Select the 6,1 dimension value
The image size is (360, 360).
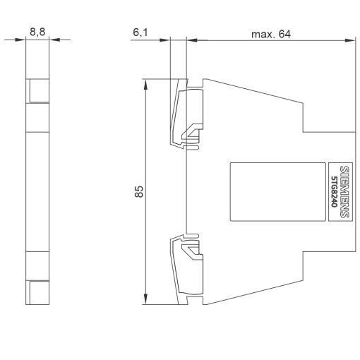click(141, 32)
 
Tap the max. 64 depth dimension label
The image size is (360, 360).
click(270, 33)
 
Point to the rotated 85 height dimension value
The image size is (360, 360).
click(140, 191)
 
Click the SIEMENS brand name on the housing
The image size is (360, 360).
click(344, 190)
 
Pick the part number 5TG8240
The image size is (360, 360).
click(335, 191)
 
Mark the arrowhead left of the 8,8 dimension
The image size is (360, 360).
click(23, 40)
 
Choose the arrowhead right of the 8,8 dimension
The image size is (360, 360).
click(54, 40)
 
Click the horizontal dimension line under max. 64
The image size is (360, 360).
click(268, 40)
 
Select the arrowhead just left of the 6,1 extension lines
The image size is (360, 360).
click(167, 40)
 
